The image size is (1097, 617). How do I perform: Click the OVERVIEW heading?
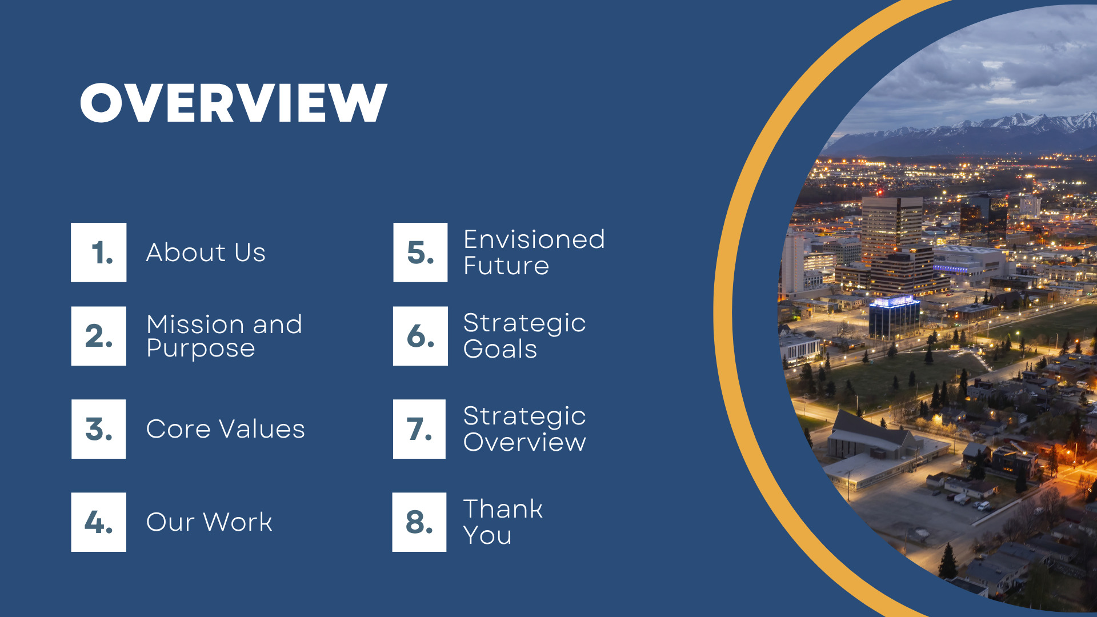tap(234, 102)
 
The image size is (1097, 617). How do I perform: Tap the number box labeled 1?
tap(99, 253)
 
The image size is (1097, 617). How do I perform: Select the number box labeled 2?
tap(99, 336)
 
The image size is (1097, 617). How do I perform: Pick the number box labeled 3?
tap(99, 429)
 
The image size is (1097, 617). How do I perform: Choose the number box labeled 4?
tap(99, 522)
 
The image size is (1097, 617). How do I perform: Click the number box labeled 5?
tap(421, 253)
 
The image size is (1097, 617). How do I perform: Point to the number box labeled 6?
tap(421, 336)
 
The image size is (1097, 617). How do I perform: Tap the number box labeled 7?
tap(419, 429)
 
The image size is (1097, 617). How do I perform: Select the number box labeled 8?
tap(419, 522)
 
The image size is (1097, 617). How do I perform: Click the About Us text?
tap(206, 253)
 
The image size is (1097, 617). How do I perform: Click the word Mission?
tap(196, 324)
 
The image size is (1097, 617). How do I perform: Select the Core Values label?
tap(226, 429)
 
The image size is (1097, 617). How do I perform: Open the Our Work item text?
tap(209, 522)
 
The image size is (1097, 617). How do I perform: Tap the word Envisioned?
tap(534, 239)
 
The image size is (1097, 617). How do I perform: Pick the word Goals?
tap(501, 349)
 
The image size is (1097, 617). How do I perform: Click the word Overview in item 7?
tap(525, 442)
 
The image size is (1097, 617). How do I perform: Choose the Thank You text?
tap(503, 522)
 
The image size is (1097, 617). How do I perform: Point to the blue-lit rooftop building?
tap(894, 317)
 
